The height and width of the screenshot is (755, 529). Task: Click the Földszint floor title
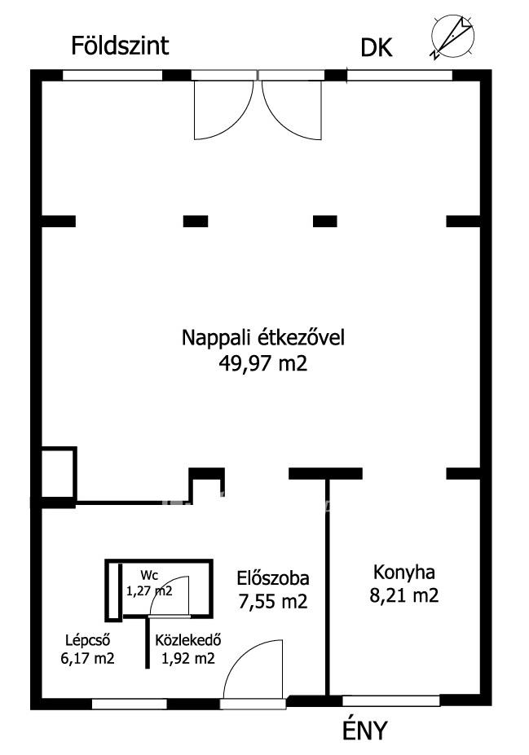pos(120,46)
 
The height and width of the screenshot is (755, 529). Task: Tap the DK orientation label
pos(377,48)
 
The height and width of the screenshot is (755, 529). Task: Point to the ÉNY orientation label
pos(364,730)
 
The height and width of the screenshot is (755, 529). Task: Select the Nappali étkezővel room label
pos(263,337)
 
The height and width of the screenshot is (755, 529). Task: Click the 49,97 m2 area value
pos(263,363)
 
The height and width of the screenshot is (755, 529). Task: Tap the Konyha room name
pos(404,573)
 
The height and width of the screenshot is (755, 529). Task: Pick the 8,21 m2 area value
pos(404,596)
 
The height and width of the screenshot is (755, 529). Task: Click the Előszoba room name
pos(273,577)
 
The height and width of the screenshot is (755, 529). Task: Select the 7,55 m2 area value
pos(273,601)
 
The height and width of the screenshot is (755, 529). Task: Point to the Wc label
pos(149,575)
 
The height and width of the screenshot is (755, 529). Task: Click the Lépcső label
pos(88,640)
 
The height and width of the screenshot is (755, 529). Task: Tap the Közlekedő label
pos(188,640)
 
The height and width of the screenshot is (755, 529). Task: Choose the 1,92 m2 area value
pos(188,658)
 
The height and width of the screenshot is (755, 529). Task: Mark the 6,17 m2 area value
pos(88,658)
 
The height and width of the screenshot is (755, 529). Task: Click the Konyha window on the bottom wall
pos(390,700)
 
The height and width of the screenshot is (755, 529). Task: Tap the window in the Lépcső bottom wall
pos(129,704)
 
